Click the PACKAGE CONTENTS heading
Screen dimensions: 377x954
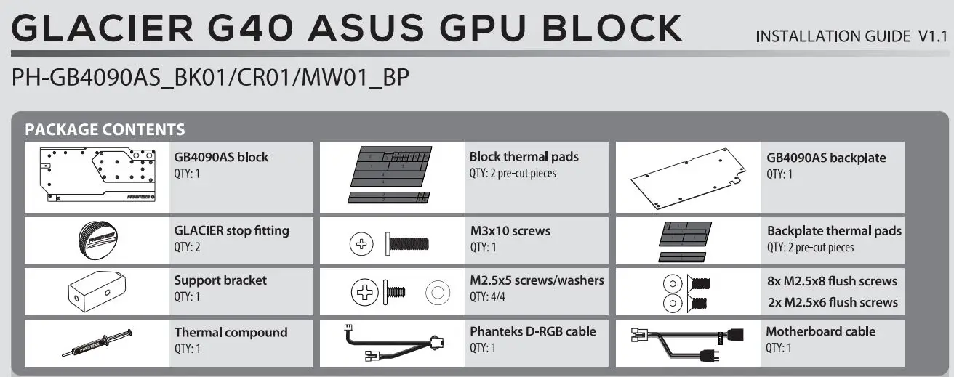105,130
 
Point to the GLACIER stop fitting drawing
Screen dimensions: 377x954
97,240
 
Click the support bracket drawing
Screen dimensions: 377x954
97,292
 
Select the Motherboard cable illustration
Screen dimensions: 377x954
687,342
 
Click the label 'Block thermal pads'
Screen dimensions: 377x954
524,156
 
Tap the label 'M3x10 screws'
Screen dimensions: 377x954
510,231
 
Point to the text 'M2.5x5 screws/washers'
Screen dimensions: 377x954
537,280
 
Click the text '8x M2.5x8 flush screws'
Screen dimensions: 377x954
832,281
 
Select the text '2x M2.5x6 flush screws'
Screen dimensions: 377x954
832,302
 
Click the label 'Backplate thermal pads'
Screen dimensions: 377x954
834,231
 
